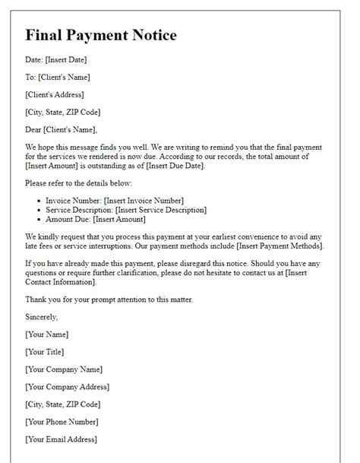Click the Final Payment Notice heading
click(101, 35)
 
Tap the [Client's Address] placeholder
click(55, 94)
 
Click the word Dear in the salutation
click(33, 129)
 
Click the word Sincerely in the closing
click(42, 317)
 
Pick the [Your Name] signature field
click(47, 335)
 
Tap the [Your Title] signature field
click(45, 352)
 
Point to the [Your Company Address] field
click(68, 387)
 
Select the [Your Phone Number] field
click(62, 422)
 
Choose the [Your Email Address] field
click(61, 439)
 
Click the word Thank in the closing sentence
click(37, 300)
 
